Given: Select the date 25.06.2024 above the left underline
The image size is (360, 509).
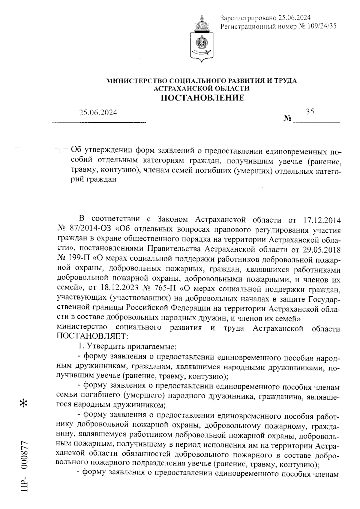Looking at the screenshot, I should [x=98, y=113].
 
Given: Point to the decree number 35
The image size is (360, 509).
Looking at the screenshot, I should [x=310, y=112].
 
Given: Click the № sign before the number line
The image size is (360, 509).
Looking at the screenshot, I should [x=287, y=119].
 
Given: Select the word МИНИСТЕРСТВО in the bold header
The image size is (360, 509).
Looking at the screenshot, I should [x=137, y=81].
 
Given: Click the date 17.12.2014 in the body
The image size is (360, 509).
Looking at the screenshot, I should [x=320, y=220].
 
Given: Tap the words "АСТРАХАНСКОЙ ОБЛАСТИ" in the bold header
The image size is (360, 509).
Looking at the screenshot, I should [x=201, y=88].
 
